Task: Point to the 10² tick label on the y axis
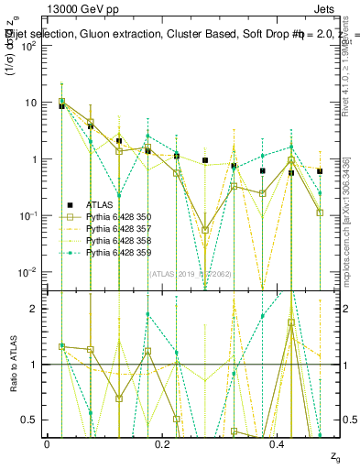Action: (x=30, y=46)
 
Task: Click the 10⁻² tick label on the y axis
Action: (x=30, y=272)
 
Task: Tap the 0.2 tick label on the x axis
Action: (x=162, y=444)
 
